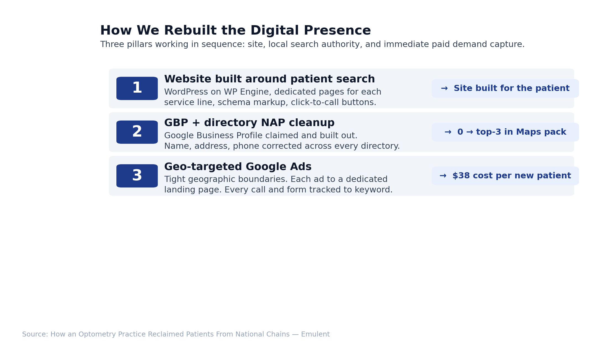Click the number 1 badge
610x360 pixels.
tap(137, 88)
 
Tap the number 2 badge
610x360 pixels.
tap(137, 132)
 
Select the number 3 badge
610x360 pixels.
tap(137, 176)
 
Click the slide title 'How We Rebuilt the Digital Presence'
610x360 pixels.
tap(235, 30)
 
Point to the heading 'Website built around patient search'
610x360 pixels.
tap(269, 79)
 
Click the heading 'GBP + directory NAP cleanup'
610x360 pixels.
tap(249, 123)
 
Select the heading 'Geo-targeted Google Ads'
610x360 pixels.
tap(238, 167)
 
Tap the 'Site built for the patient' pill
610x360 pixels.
tap(505, 88)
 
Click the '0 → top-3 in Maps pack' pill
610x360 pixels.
tap(505, 132)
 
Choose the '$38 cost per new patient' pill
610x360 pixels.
tap(505, 176)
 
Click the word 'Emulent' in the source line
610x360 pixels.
tap(315, 335)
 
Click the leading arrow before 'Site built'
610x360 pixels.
tap(444, 88)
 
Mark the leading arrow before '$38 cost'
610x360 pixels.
tap(443, 176)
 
